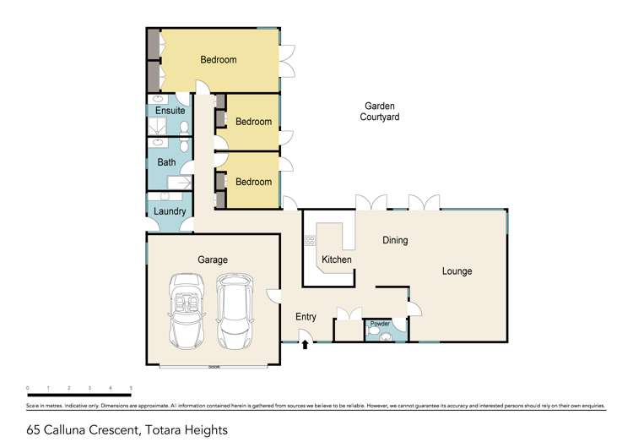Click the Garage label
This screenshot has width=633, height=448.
213,260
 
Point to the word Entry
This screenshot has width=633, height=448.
306,317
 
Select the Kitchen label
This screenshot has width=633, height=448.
337,260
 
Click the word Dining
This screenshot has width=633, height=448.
395,240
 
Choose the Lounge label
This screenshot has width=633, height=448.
457,271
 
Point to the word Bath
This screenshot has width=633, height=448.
165,162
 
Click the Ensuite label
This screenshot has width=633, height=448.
170,111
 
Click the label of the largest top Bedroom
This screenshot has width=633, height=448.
218,60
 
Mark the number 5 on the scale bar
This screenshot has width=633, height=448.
131,388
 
